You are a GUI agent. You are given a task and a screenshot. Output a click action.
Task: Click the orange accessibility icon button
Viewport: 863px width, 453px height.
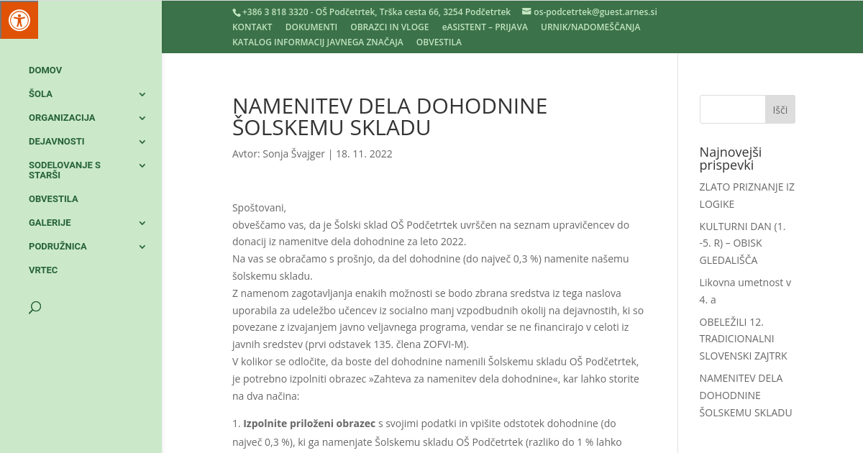19,19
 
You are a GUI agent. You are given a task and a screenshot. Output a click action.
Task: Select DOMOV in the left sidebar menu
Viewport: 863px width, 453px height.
45,70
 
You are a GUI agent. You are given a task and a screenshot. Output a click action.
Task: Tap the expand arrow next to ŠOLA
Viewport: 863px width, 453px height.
142,94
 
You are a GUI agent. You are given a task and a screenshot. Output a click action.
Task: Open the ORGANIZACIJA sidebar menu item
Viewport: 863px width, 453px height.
62,118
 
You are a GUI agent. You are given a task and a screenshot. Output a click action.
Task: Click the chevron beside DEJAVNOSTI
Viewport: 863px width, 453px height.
142,142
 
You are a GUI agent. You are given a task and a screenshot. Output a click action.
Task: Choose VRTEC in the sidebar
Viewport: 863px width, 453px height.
43,270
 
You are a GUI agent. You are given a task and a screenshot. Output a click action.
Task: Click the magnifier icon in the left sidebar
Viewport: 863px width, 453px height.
35,308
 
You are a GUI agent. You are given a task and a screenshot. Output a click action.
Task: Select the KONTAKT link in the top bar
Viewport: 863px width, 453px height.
252,27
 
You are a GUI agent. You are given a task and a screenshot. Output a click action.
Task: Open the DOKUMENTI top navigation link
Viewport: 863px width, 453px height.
311,27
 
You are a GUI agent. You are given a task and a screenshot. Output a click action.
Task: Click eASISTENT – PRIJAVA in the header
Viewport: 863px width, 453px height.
485,27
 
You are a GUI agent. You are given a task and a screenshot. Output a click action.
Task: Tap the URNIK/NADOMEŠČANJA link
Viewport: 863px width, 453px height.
590,27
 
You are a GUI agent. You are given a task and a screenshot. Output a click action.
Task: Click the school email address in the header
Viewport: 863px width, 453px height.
595,12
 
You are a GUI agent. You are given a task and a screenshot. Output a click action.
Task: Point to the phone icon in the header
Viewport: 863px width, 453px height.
236,12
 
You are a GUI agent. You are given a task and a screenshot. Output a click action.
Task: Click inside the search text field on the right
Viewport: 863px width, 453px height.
732,109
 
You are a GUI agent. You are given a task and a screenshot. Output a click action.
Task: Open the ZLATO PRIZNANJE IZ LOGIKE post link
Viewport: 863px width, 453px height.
746,196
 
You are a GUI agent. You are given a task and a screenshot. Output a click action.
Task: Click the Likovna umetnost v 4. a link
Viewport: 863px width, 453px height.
745,291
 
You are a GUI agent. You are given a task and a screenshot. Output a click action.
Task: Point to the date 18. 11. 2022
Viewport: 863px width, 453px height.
364,154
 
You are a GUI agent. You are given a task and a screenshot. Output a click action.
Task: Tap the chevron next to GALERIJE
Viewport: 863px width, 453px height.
142,223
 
